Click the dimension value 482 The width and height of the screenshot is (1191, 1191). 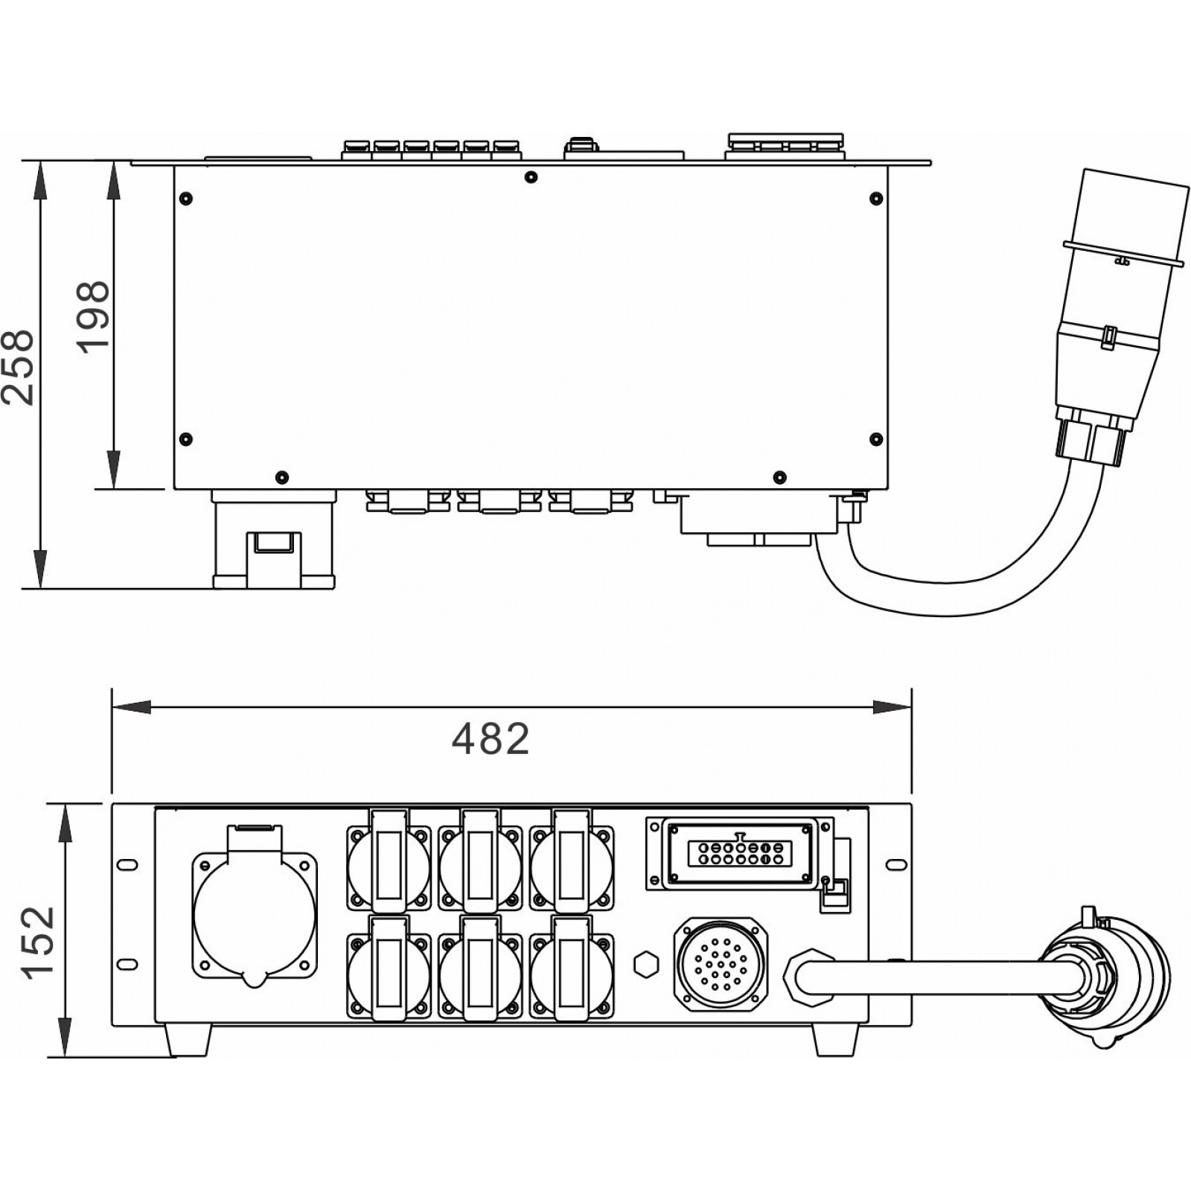[491, 738]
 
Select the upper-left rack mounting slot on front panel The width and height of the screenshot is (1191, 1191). [128, 863]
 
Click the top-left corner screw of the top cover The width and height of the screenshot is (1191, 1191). [186, 198]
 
